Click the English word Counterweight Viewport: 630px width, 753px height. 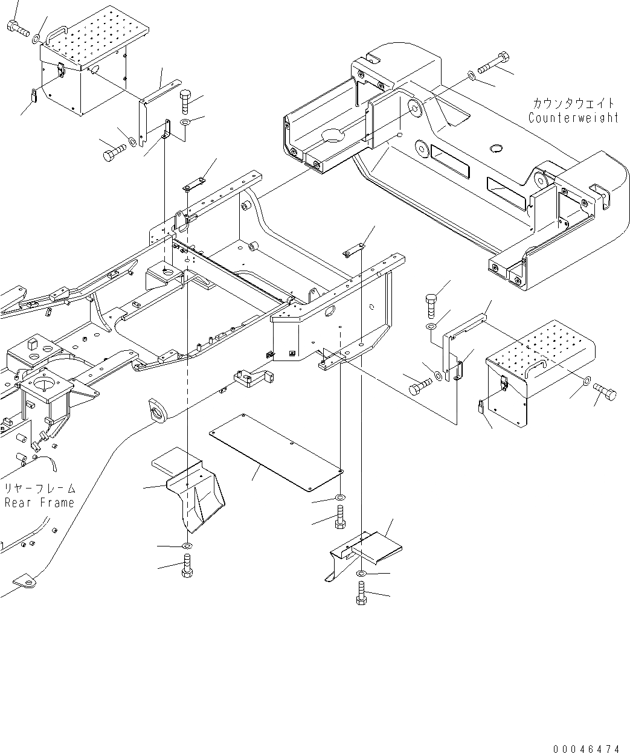pyautogui.click(x=573, y=118)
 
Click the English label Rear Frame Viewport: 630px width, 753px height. pyautogui.click(x=40, y=502)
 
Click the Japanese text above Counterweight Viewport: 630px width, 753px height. pyautogui.click(x=574, y=103)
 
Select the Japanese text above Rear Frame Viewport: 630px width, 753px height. pyautogui.click(x=40, y=488)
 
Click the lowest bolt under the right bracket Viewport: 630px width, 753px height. pyautogui.click(x=361, y=592)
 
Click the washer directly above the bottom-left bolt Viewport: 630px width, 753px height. pyautogui.click(x=187, y=546)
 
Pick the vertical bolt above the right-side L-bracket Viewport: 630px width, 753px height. pyautogui.click(x=431, y=304)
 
